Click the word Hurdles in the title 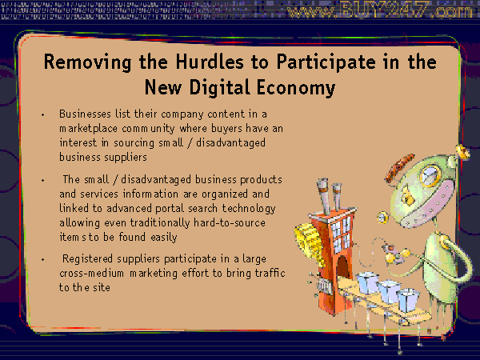click(210, 62)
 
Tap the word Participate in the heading click(326, 62)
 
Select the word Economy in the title click(296, 88)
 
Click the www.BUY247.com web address click(380, 10)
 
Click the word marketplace click(89, 129)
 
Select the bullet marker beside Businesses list click(43, 114)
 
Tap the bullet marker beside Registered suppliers click(43, 259)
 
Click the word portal click(170, 209)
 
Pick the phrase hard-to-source click(230, 222)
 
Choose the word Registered click(87, 259)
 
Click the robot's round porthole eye click(430, 175)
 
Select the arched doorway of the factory click(343, 266)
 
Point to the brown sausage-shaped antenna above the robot click(400, 168)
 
